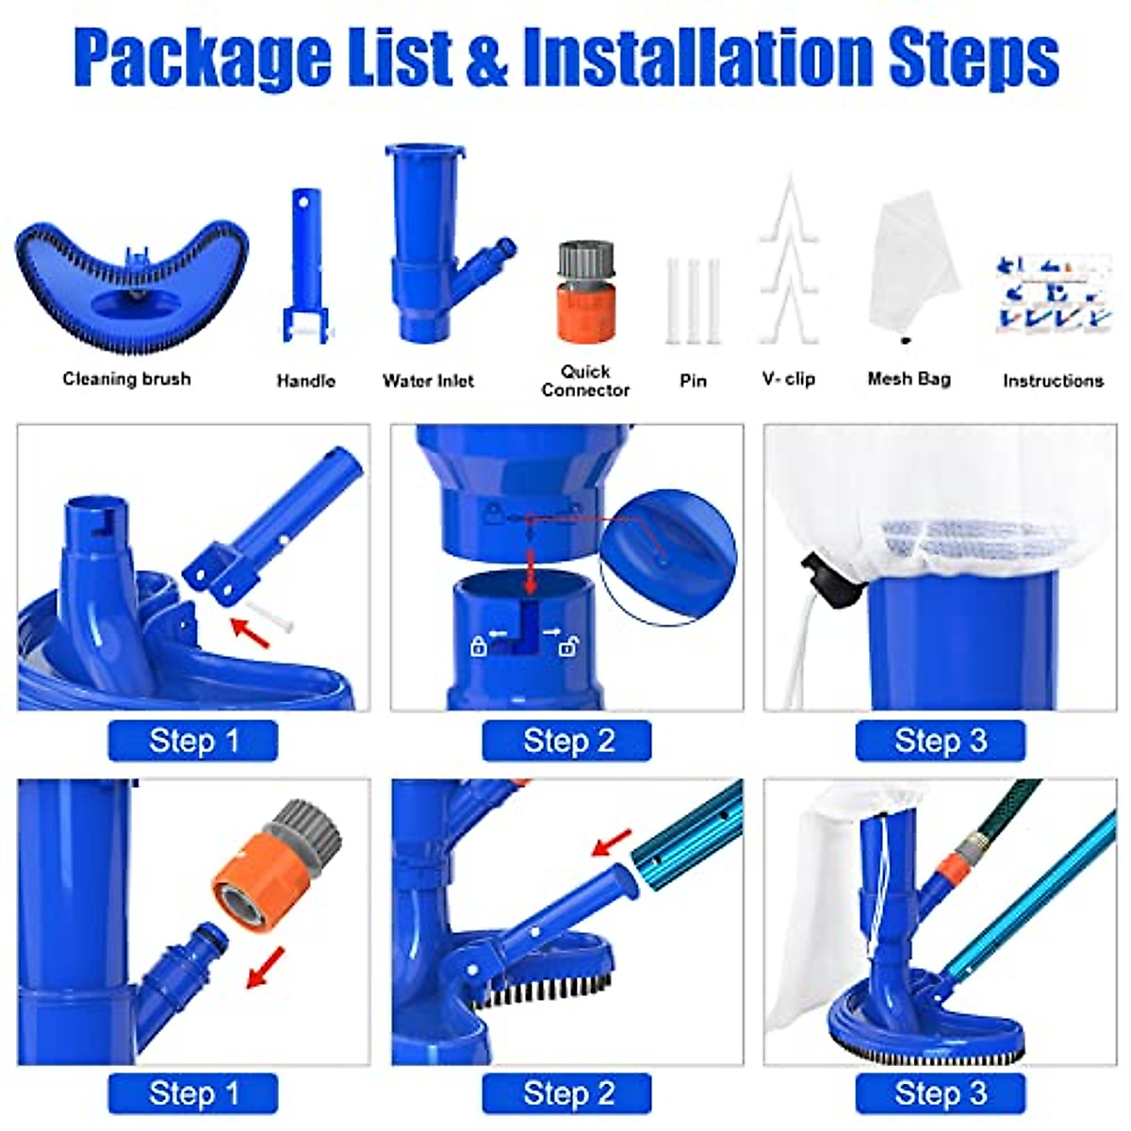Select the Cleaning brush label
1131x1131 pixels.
click(x=126, y=379)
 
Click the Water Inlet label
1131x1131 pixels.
click(x=428, y=381)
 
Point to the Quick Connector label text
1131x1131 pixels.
click(x=585, y=381)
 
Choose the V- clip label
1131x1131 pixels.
click(x=789, y=379)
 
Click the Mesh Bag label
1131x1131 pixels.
click(x=909, y=379)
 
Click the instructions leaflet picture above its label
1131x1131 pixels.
click(x=1050, y=292)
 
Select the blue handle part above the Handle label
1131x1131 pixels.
click(x=306, y=264)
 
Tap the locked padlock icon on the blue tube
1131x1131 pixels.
click(x=479, y=647)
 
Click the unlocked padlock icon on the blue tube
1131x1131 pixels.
click(x=568, y=647)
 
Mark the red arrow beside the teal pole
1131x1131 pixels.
click(x=613, y=842)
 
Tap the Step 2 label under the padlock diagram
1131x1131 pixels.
click(x=567, y=741)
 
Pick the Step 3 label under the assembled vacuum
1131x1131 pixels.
click(x=940, y=1094)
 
